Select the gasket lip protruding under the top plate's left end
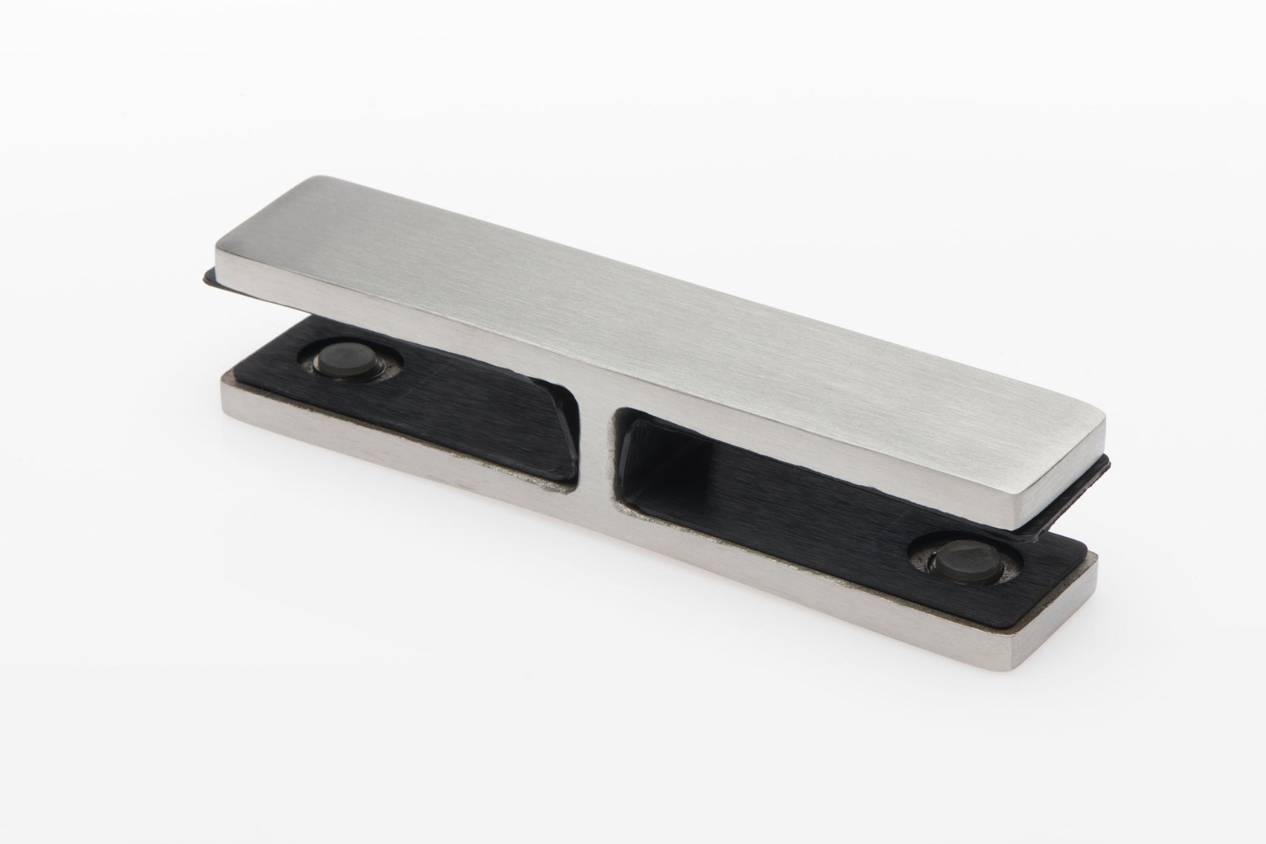(x=209, y=277)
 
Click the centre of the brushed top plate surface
(x=651, y=312)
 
